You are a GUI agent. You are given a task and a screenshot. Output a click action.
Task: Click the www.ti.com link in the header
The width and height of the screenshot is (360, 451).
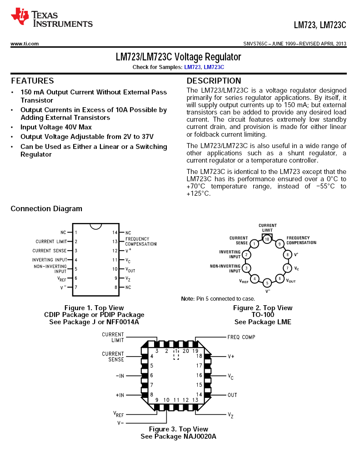[x=25, y=44]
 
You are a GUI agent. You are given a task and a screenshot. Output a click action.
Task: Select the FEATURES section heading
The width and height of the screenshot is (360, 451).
[x=32, y=81]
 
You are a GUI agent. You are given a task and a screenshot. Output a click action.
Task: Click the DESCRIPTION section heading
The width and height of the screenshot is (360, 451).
[x=214, y=81]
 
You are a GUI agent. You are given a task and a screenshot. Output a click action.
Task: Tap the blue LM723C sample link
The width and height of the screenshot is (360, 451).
[x=214, y=67]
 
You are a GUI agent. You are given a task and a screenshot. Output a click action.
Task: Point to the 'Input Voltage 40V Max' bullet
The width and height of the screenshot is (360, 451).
[x=56, y=127]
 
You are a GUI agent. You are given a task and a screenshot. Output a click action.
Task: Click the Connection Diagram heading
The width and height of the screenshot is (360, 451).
[x=46, y=209]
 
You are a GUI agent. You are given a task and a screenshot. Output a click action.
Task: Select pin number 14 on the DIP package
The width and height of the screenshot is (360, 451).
[x=115, y=233]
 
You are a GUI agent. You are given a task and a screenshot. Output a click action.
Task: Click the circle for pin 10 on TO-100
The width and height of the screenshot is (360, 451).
[x=267, y=238]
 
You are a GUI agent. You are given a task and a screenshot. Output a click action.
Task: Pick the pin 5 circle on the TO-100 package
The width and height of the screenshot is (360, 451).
[x=268, y=282]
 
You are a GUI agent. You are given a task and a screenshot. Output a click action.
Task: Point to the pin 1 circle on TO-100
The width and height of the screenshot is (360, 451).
[x=255, y=244]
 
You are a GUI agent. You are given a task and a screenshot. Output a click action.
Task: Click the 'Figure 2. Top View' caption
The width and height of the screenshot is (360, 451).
[x=263, y=308]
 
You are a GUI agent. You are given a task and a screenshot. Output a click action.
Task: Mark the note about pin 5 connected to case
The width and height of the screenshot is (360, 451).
[x=218, y=299]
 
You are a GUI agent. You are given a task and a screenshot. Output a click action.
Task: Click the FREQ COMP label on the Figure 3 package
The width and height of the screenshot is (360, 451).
[x=241, y=337]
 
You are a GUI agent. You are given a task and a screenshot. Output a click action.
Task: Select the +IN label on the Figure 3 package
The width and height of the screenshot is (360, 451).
[x=120, y=395]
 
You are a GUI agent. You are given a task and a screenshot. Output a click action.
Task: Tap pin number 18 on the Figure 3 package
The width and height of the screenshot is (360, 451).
[x=199, y=356]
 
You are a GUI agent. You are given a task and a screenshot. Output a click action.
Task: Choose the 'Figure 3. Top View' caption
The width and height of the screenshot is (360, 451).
[x=179, y=429]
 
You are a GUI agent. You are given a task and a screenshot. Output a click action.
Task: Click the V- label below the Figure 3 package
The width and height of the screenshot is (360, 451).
[x=121, y=423]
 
